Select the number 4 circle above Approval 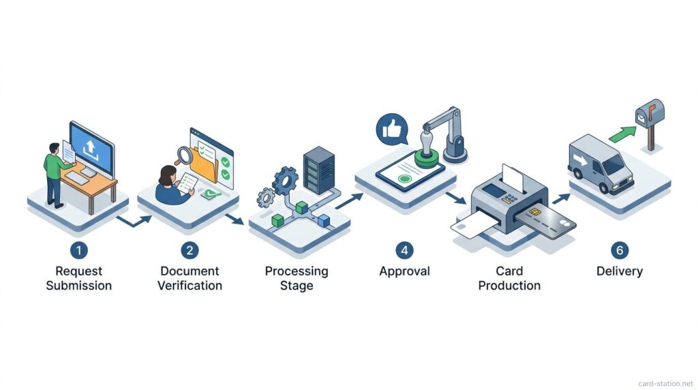(404, 250)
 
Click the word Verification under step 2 (189, 285)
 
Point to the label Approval (404, 271)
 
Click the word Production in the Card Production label (509, 285)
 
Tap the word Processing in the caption (297, 271)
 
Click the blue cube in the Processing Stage (324, 218)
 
